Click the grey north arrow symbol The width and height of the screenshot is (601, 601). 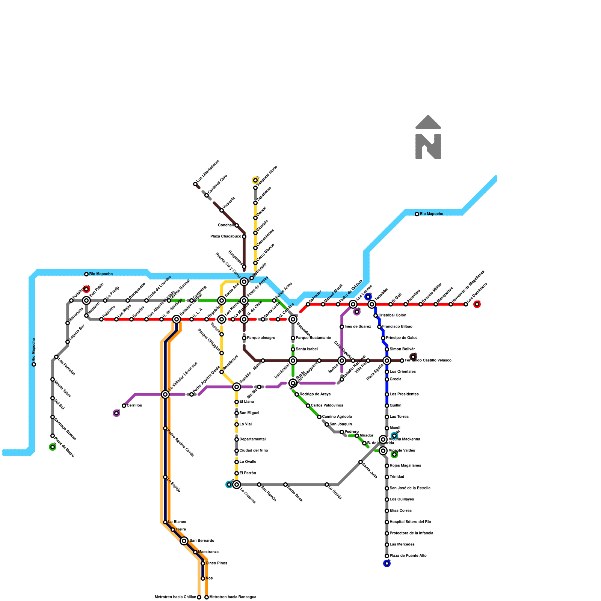tap(428, 137)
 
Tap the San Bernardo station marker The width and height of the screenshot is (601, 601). tap(184, 541)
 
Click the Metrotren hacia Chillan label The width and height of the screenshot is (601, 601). tap(175, 597)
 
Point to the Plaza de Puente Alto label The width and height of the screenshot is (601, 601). tap(408, 556)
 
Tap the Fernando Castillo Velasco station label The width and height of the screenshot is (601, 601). tap(428, 361)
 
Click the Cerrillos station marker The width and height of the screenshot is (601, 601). tap(124, 406)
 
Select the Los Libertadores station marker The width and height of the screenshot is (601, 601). tap(195, 184)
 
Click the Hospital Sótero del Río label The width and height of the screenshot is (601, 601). tap(410, 522)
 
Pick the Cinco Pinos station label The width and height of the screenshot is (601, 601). tap(216, 563)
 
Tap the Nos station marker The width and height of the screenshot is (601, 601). tap(203, 578)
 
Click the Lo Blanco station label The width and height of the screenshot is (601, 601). tap(177, 522)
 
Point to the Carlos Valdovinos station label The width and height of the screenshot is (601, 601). tap(327, 406)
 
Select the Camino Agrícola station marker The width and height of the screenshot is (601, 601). tap(319, 417)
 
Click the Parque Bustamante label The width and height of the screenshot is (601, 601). tap(313, 338)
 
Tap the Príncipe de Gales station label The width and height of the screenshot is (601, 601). tap(402, 338)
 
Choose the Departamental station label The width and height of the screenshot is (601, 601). tap(252, 439)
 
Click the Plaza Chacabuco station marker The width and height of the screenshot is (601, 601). tap(244, 237)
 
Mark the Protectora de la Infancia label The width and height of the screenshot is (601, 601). tap(411, 533)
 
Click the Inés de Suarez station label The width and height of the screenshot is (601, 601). tap(358, 327)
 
